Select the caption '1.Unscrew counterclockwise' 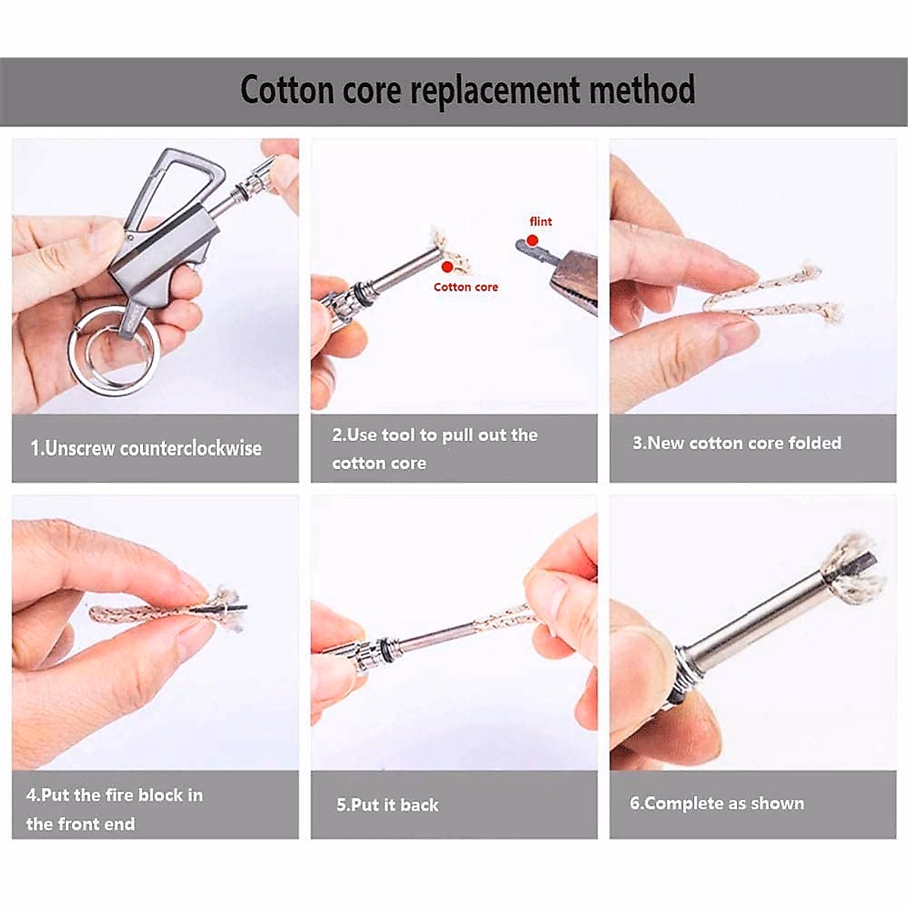coord(146,448)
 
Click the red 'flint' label coord(540,222)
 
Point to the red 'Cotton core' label coord(465,287)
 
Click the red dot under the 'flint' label coord(533,240)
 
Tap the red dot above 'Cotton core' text coord(447,266)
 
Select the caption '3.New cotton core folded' coord(736,443)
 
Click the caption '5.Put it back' coord(387,805)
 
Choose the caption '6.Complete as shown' coord(717,804)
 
